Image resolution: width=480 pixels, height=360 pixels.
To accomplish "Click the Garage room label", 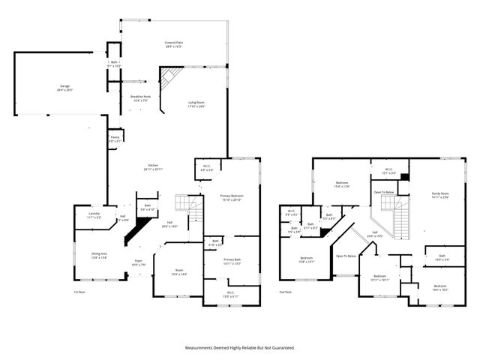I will click(65, 88).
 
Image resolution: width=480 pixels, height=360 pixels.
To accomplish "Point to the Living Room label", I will click(196, 104).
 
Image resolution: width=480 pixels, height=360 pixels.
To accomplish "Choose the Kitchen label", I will click(152, 166).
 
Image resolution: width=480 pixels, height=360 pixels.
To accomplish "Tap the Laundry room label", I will click(94, 215).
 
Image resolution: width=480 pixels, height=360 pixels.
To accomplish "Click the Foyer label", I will click(138, 262).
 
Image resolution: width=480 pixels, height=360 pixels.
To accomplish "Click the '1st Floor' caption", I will click(80, 292).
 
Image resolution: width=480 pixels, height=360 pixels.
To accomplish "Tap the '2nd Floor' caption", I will click(286, 292).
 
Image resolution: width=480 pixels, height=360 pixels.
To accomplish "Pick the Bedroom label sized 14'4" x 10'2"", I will click(441, 287).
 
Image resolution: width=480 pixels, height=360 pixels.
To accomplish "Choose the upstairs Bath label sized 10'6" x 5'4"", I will click(442, 258).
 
